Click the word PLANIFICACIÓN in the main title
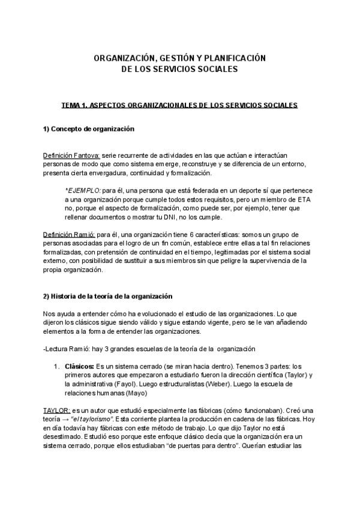click(x=230, y=58)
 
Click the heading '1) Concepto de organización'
click(x=88, y=129)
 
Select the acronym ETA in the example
click(x=306, y=199)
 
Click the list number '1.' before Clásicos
click(x=57, y=366)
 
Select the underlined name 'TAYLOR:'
click(x=56, y=409)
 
